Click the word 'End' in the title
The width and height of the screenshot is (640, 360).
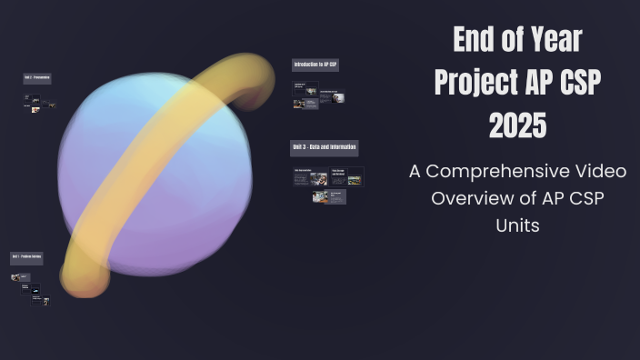pyautogui.click(x=473, y=40)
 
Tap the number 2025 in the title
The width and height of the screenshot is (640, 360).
pyautogui.click(x=518, y=125)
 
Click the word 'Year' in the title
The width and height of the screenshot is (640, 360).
pyautogui.click(x=548, y=40)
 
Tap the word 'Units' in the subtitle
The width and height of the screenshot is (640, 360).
pyautogui.click(x=517, y=225)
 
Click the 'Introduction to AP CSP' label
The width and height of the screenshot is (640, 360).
pyautogui.click(x=315, y=65)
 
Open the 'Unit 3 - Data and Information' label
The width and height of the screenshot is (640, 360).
pyautogui.click(x=325, y=148)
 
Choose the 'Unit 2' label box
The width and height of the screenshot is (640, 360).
pyautogui.click(x=37, y=79)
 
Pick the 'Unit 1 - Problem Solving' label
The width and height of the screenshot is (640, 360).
pyautogui.click(x=26, y=258)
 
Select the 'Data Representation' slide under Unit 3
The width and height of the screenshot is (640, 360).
pyautogui.click(x=310, y=176)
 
